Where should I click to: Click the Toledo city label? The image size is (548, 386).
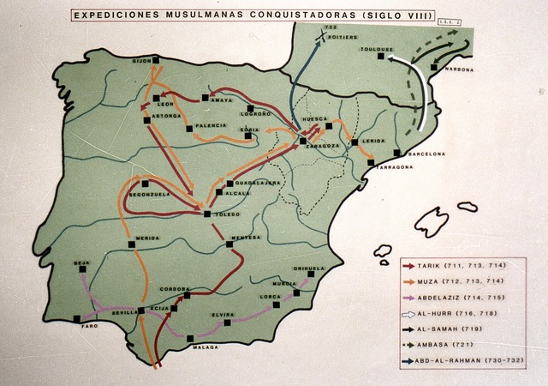(228, 213)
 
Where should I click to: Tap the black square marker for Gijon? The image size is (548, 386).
(157, 60)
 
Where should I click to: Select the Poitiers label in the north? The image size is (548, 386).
(338, 39)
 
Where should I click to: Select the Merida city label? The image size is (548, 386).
(146, 238)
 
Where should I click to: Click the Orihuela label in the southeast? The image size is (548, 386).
(309, 268)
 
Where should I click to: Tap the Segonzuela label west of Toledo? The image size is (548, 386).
(146, 194)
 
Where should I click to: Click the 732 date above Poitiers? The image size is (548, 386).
(331, 29)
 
